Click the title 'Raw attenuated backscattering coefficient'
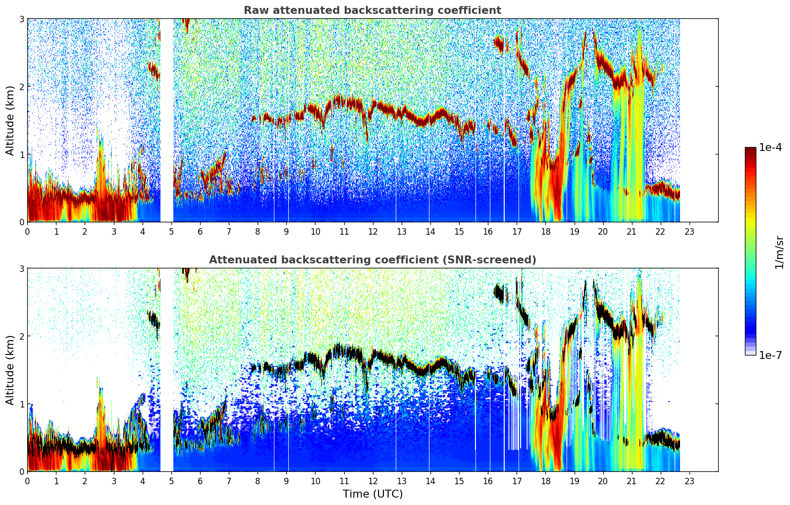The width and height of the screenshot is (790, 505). click(372, 10)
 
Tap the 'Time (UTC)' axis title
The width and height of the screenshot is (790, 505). click(372, 494)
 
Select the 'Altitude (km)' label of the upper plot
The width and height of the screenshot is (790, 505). click(10, 120)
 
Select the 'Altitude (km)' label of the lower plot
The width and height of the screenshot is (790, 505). click(10, 370)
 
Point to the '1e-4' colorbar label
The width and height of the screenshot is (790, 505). click(770, 148)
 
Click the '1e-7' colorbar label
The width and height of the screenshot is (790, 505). click(770, 355)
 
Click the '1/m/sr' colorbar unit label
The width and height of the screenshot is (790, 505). click(779, 252)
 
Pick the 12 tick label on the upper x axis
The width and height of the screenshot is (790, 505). click(372, 231)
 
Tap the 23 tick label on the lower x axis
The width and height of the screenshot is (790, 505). click(689, 481)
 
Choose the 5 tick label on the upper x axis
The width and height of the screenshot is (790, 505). click(171, 231)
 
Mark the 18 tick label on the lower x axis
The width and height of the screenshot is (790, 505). click(545, 481)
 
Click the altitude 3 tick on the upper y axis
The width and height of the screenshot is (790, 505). click(22, 19)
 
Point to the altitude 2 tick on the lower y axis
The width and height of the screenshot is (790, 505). click(22, 336)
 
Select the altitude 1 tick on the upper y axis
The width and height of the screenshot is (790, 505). click(22, 154)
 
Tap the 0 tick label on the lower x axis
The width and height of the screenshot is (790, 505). click(27, 481)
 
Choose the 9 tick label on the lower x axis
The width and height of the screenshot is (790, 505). click(286, 481)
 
